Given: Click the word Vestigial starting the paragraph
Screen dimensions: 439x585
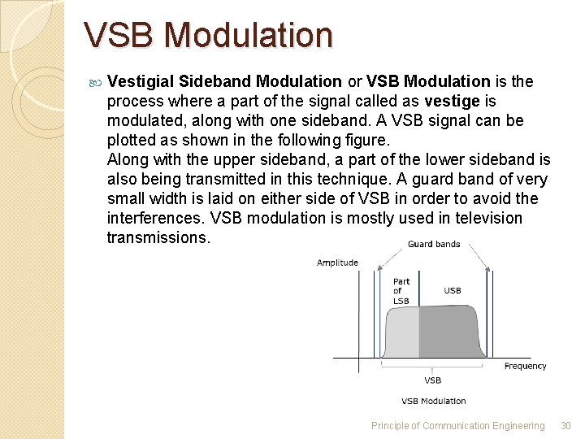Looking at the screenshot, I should [x=141, y=81].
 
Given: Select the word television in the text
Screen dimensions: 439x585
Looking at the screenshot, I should [x=488, y=218].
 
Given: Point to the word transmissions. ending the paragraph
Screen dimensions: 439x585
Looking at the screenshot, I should [x=158, y=237].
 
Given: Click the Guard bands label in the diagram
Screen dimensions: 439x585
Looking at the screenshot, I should [x=433, y=244].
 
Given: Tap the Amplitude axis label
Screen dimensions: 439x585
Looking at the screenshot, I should [x=337, y=263].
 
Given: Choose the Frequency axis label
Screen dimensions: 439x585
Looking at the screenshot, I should [x=525, y=366].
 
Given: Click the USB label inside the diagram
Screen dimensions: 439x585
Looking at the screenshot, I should [x=453, y=290].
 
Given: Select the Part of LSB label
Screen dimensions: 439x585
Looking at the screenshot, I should [x=401, y=291].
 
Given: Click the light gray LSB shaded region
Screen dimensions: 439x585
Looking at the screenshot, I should [x=402, y=333].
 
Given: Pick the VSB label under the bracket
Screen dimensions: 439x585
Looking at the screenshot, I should [x=433, y=380].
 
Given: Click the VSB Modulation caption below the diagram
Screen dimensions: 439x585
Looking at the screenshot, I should [x=433, y=401].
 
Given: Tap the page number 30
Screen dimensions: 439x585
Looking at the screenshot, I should [x=566, y=425].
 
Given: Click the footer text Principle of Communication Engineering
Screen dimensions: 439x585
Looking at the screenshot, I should [x=457, y=425].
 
